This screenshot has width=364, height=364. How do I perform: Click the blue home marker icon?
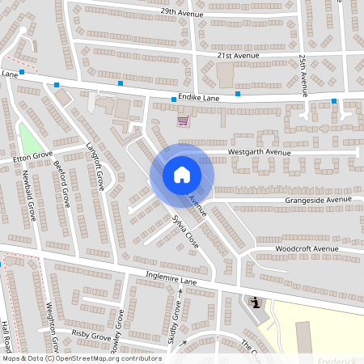coord(181,174)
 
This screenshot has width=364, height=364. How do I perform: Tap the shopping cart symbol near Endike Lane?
coord(184,121)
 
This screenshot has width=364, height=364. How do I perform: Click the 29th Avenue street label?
coord(180,12)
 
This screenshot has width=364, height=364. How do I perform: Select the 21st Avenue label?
coord(237,55)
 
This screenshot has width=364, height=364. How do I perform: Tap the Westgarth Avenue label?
coord(259,151)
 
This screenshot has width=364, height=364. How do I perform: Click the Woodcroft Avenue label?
coord(307,248)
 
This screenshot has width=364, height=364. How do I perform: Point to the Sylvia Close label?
coord(184,231)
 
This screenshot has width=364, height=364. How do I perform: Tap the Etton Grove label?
coord(32,157)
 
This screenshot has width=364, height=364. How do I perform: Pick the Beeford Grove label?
coord(61,183)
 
